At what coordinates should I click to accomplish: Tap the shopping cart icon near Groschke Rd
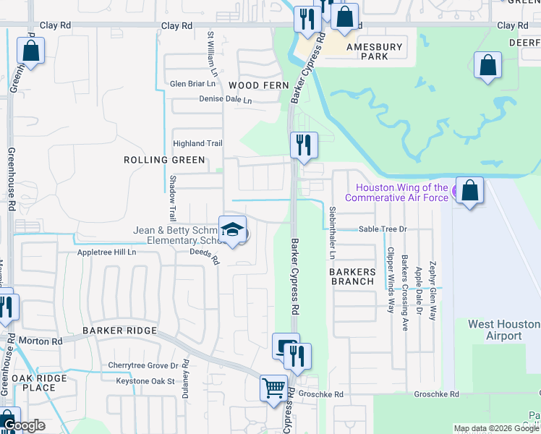pyautogui.click(x=273, y=388)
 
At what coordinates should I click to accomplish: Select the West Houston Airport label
pyautogui.click(x=503, y=330)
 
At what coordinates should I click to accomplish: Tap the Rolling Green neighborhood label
pyautogui.click(x=164, y=160)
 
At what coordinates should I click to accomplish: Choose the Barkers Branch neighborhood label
pyautogui.click(x=352, y=277)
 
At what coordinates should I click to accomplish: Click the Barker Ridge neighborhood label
pyautogui.click(x=119, y=331)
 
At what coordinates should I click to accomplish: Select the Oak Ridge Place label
pyautogui.click(x=39, y=383)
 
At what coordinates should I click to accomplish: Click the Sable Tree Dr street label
pyautogui.click(x=384, y=229)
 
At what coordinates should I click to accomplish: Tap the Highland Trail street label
pyautogui.click(x=197, y=143)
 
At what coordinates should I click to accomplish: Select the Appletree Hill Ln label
pyautogui.click(x=107, y=253)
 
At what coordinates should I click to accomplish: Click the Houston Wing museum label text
pyautogui.click(x=396, y=192)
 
